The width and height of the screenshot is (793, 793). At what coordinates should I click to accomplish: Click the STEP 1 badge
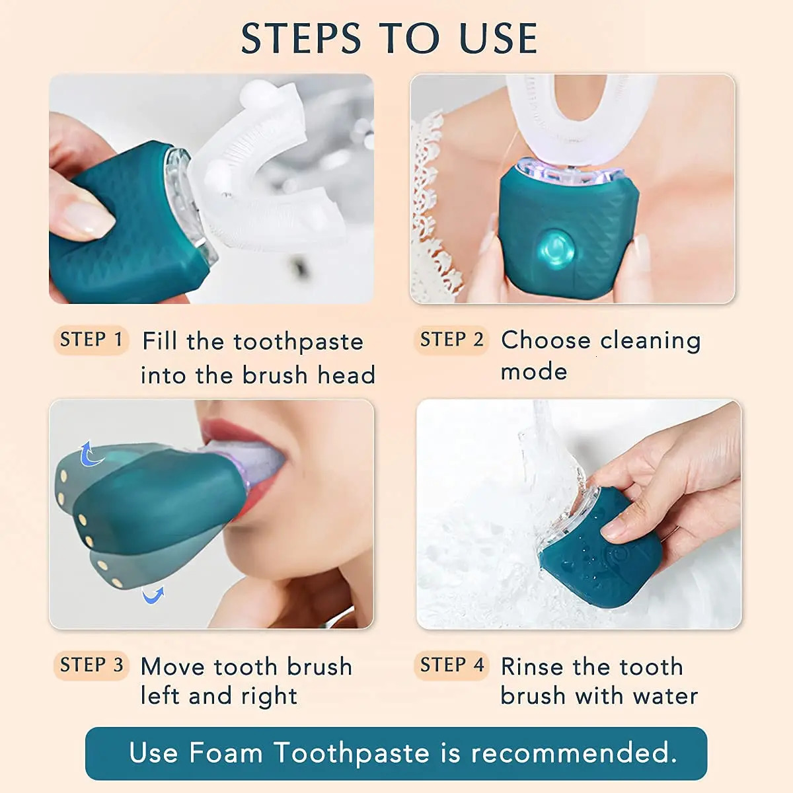91,340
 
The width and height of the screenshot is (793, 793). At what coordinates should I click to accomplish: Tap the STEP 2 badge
452,340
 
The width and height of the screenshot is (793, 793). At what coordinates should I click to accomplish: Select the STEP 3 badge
91,665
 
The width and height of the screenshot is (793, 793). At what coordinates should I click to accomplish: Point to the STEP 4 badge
452,665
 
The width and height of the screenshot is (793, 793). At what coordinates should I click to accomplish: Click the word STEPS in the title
301,38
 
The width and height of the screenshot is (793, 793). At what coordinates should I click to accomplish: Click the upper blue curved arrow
90,454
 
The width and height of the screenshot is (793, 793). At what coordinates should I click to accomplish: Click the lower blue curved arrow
153,596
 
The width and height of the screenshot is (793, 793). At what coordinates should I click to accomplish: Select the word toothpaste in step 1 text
298,342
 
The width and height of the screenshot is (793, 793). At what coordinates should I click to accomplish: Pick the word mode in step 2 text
534,371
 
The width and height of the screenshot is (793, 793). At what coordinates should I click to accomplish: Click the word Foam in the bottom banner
225,753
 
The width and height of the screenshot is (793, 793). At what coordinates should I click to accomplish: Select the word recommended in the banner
574,753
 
